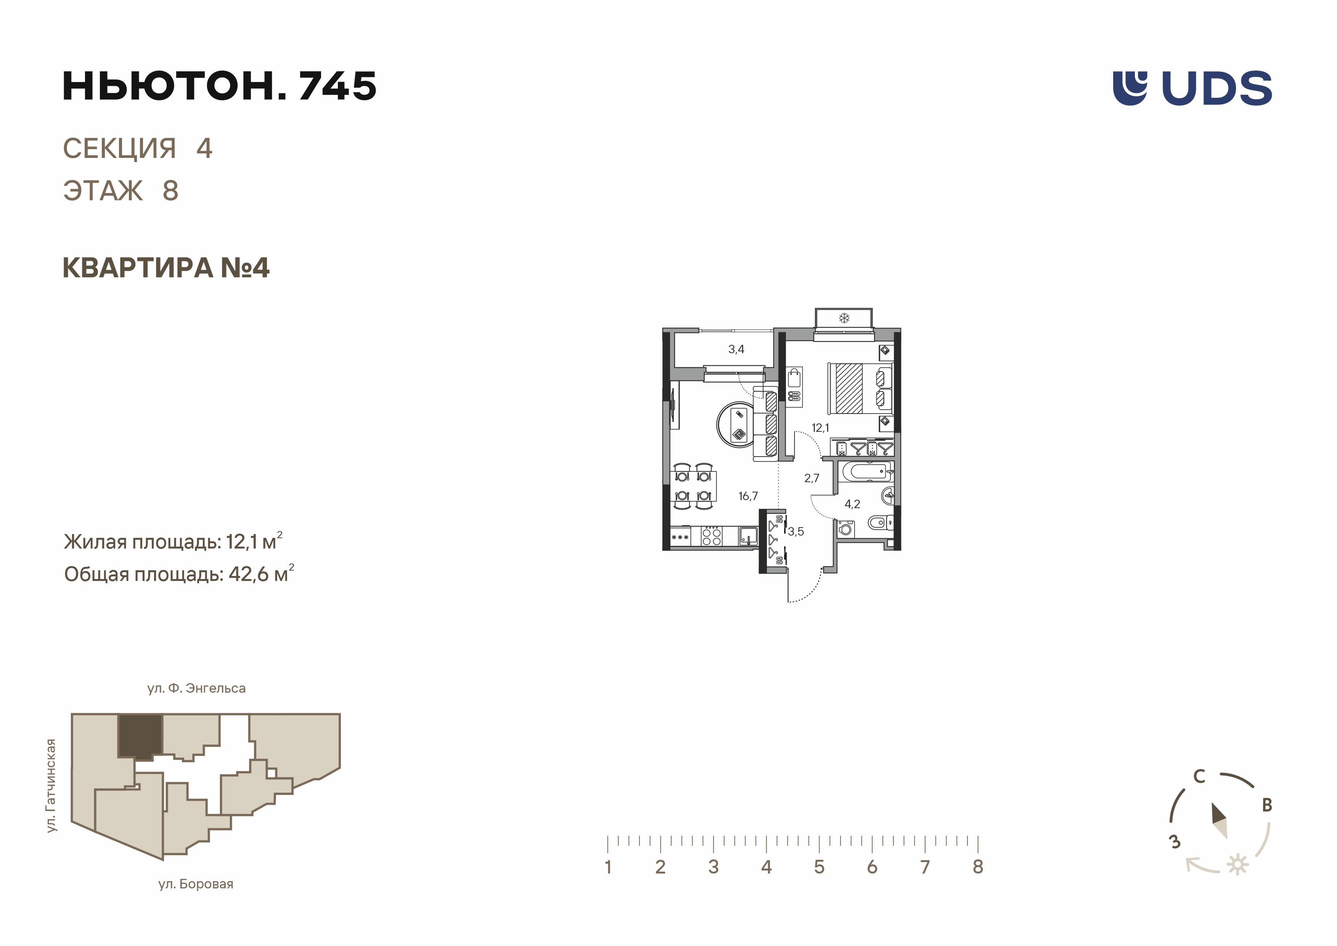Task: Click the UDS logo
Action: pos(1192,88)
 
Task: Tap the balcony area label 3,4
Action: pos(736,349)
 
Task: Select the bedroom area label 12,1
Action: pos(821,428)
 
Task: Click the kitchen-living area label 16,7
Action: pos(748,496)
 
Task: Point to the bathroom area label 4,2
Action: pos(853,504)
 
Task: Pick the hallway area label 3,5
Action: pos(796,531)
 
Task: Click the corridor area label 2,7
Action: pos(812,478)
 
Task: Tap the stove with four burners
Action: pos(712,536)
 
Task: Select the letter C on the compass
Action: pos(1199,777)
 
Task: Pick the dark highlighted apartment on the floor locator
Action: pos(140,736)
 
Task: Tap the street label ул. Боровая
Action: pos(196,884)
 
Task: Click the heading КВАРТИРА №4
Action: pos(166,268)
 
